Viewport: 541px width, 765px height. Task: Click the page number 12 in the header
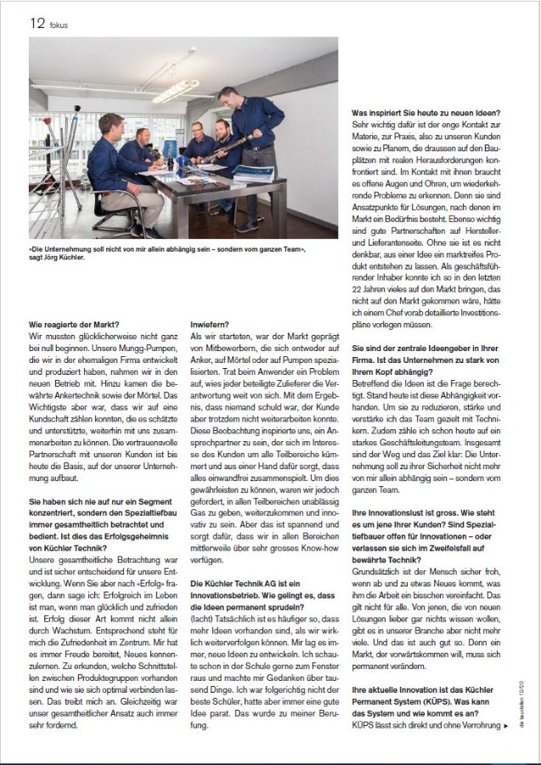coord(37,23)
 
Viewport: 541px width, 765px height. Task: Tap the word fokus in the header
coord(59,25)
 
